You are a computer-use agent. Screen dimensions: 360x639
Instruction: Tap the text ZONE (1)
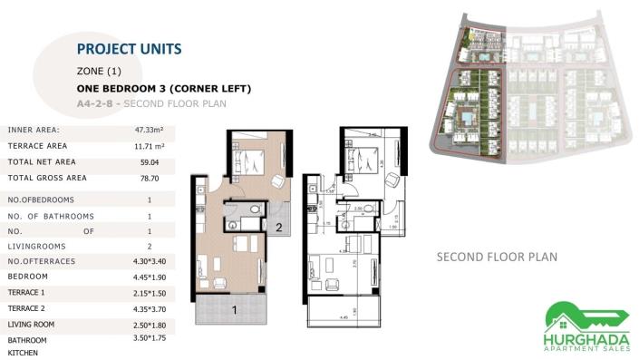(99, 71)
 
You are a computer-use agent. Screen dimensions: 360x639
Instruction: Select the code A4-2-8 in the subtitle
(96, 104)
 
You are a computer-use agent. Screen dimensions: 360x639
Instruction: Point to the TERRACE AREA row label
(37, 146)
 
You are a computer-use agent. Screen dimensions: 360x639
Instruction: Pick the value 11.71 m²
(150, 146)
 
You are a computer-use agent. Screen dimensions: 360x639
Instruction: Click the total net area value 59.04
(150, 161)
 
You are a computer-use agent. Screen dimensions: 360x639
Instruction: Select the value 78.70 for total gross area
(150, 179)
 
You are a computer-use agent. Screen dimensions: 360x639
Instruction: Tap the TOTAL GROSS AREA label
(47, 178)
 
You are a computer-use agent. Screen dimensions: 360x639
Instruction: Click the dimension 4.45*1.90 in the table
(150, 277)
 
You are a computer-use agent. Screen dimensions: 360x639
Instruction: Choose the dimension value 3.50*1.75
(150, 337)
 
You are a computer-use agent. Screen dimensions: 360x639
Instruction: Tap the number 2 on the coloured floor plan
(279, 228)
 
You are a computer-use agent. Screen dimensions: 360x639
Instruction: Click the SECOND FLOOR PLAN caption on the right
(497, 257)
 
